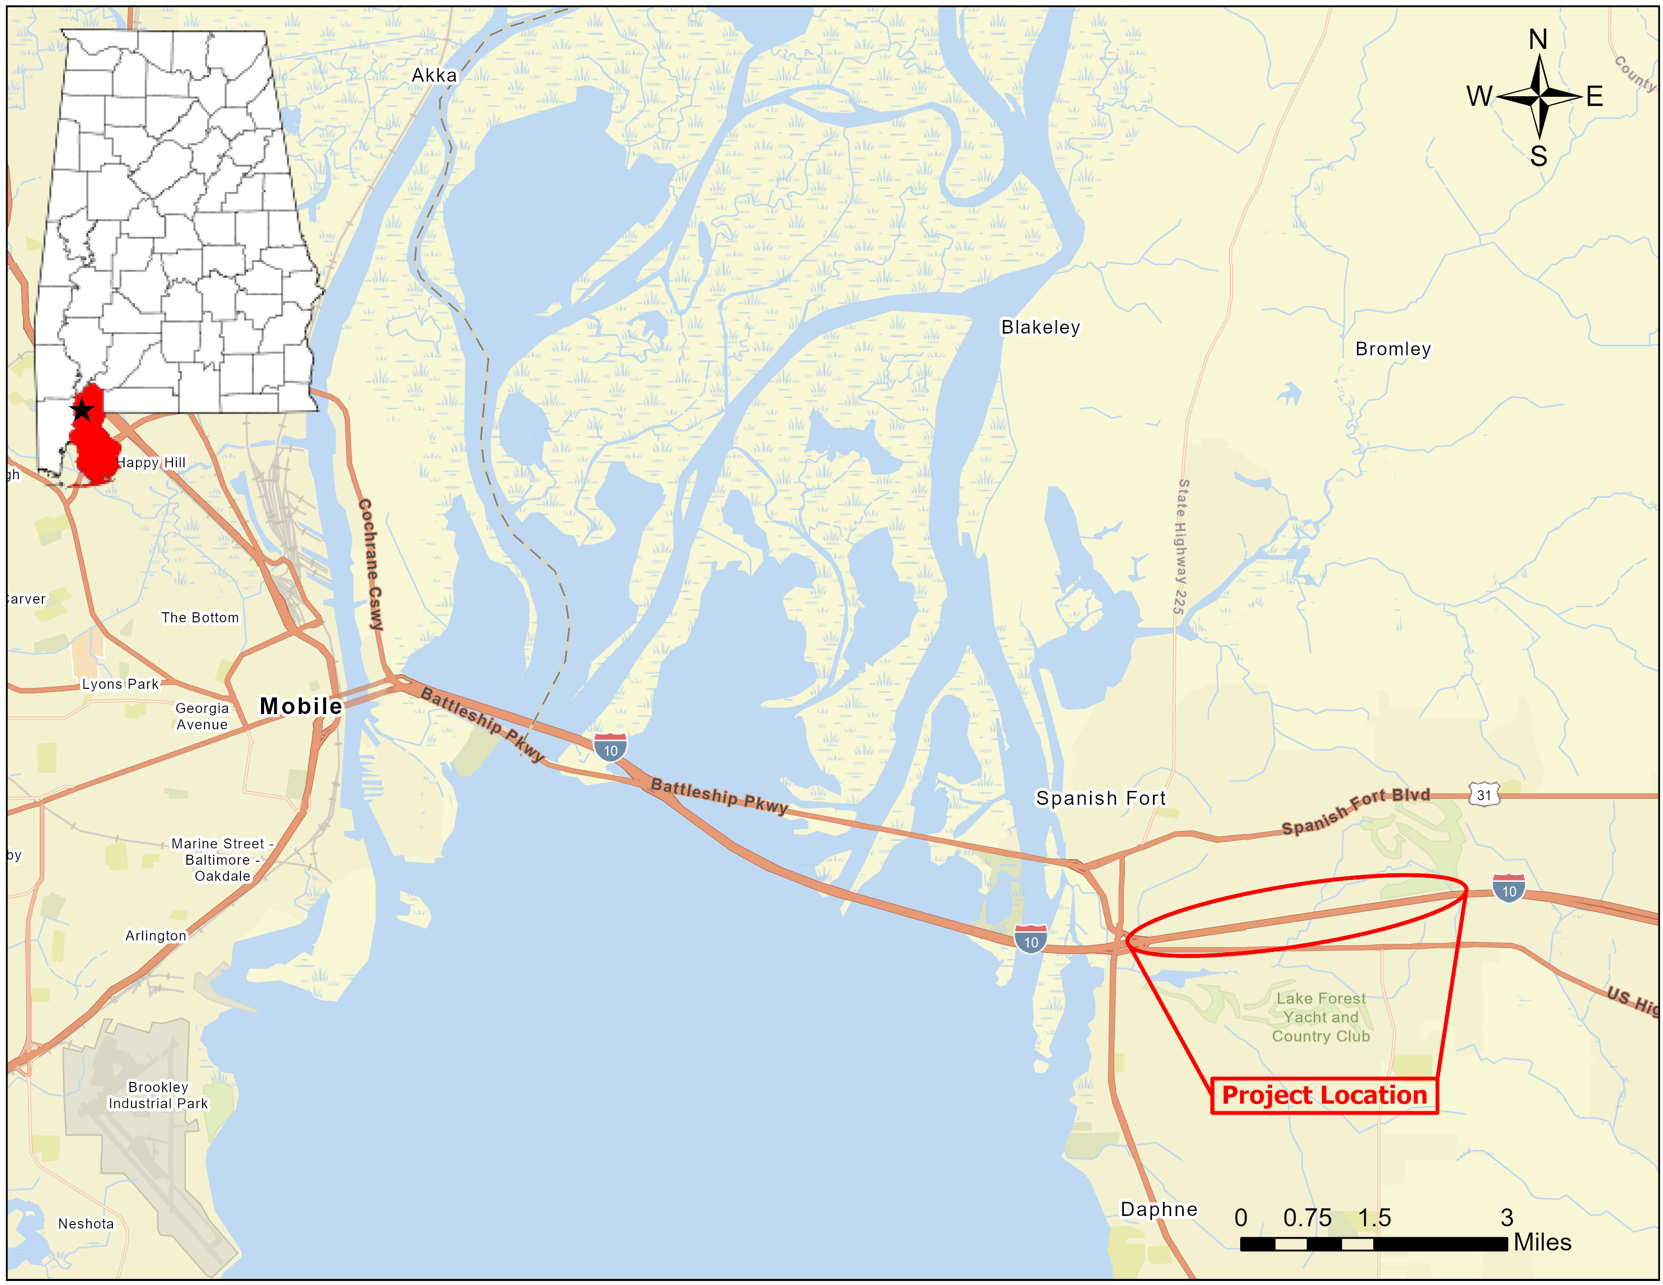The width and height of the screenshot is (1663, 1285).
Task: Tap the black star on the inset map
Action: pos(82,410)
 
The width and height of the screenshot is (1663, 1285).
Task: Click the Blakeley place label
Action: pos(1040,328)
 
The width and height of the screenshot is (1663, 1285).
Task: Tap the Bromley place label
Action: pos(1393,349)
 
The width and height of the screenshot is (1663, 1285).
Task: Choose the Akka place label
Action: pos(434,76)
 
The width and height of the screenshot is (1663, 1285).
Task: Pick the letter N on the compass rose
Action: pos(1538,40)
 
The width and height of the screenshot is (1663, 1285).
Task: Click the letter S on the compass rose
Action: pos(1538,156)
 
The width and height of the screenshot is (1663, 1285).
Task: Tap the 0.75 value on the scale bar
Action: pos(1307,1218)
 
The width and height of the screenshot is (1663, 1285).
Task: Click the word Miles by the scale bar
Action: pos(1542,1242)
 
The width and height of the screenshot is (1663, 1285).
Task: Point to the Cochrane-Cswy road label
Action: pos(371,564)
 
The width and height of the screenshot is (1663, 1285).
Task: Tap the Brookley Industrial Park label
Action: pos(158,1095)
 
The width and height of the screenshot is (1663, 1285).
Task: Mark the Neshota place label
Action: pos(86,1224)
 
